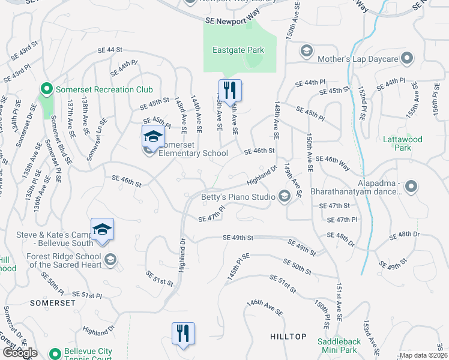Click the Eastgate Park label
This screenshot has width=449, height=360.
click(238, 50)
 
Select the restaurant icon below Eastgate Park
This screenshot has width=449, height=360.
click(230, 91)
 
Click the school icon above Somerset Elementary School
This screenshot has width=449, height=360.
click(153, 137)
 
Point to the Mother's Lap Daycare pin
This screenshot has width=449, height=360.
click(408, 59)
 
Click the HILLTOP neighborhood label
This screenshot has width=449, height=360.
click(288, 337)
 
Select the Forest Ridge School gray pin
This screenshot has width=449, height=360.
click(110, 260)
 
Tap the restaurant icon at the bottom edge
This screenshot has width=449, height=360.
click(183, 334)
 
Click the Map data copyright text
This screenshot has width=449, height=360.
click(423, 355)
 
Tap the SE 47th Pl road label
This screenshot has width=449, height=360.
click(211, 215)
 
